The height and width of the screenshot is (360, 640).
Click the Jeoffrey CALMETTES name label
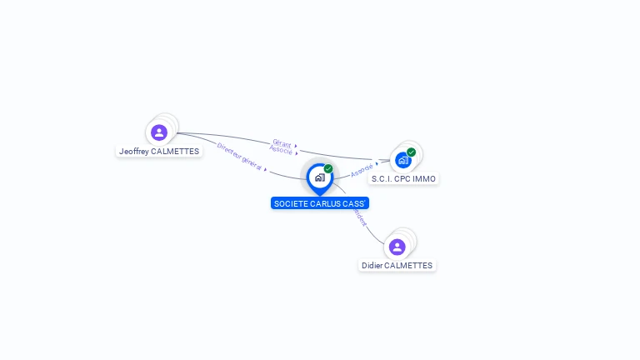159,152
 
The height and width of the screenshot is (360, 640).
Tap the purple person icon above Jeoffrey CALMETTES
158,132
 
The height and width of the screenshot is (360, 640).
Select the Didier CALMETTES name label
397,265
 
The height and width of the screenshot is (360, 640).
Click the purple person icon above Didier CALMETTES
397,247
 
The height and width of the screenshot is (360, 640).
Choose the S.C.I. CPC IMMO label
403,178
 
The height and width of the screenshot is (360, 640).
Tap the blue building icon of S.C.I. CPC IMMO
403,160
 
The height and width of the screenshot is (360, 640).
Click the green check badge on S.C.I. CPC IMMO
412,152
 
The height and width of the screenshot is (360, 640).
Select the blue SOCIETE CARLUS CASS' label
320,203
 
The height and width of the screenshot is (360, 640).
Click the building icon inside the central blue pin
319,177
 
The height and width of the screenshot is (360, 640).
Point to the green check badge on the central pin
328,169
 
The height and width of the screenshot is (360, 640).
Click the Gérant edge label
282,143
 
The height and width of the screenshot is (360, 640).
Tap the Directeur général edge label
240,157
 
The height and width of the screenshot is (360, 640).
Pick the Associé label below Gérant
281,151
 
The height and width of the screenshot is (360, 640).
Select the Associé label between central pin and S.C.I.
362,170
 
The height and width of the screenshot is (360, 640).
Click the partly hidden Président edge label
360,217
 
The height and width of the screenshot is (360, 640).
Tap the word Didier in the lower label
372,265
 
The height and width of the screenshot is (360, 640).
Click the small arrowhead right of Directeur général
265,169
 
